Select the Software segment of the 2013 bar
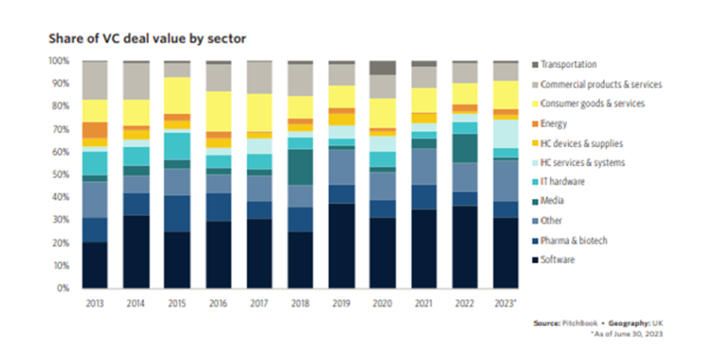[95, 265]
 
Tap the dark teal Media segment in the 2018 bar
[300, 167]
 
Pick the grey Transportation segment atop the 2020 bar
[384, 67]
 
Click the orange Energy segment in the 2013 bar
[95, 130]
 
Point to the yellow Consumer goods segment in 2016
[218, 111]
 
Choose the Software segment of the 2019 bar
[342, 246]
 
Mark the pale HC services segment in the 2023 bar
[506, 133]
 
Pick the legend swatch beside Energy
[535, 124]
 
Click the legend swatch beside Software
[535, 260]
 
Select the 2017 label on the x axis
[259, 301]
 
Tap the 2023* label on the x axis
[506, 301]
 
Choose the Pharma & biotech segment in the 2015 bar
[177, 213]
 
